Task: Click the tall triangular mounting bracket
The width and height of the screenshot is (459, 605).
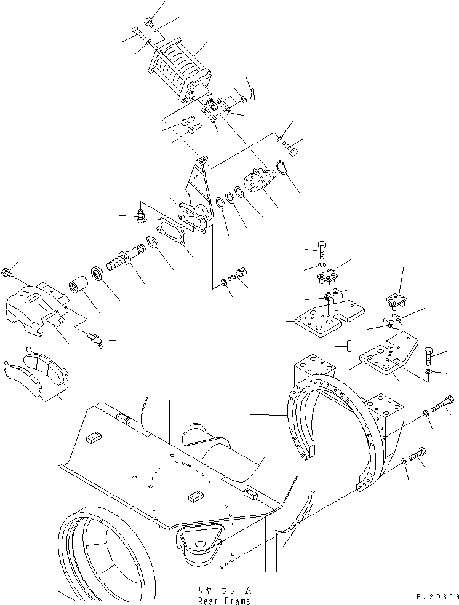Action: (x=199, y=191)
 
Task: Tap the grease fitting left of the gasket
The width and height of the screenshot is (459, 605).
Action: (x=140, y=215)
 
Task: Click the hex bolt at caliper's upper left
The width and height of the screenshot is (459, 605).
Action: (x=7, y=273)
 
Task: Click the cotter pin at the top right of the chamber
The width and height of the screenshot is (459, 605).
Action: (x=253, y=90)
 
